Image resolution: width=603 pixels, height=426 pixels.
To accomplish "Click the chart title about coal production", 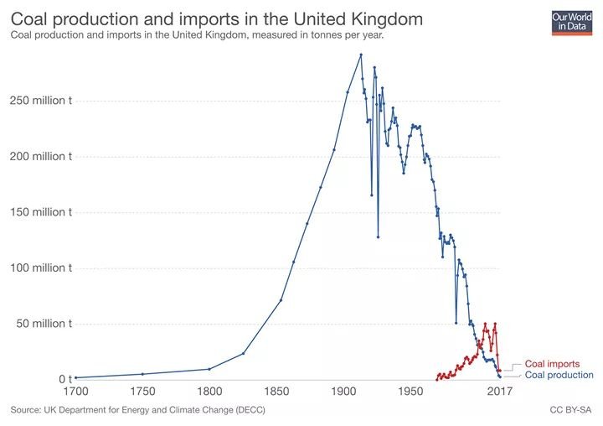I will coord(216,18).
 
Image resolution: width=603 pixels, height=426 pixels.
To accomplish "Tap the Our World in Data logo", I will coord(570,21).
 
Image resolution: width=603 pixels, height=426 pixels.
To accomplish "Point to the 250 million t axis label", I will coord(39,101).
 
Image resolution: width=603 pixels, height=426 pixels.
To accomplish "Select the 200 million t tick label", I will coord(39,157).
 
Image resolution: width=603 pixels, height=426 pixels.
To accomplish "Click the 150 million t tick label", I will coord(39,212).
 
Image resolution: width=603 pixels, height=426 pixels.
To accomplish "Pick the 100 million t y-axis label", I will coord(39,268).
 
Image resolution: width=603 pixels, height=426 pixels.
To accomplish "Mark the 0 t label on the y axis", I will coord(64,380).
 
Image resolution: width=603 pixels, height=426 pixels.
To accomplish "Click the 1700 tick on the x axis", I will coord(75,392).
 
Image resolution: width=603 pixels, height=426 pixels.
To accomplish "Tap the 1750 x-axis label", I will coord(142,392).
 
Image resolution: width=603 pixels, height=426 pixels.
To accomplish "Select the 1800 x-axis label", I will coord(209,392).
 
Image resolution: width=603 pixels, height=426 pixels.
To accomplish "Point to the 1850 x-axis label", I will coord(276,392).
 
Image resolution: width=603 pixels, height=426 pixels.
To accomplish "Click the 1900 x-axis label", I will coord(343,392).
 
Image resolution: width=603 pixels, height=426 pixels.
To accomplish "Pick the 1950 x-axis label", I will coord(410,392).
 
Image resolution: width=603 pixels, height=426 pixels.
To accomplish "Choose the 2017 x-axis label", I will coord(500,392).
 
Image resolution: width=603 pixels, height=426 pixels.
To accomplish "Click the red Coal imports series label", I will coord(552,364).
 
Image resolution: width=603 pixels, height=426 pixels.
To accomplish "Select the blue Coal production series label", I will coord(559,375).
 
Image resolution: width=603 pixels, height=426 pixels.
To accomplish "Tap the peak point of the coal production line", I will coord(361,55).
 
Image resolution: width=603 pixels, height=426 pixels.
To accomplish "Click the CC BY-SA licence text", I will coord(571,410).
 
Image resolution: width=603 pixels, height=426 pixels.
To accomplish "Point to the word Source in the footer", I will coord(26,410).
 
